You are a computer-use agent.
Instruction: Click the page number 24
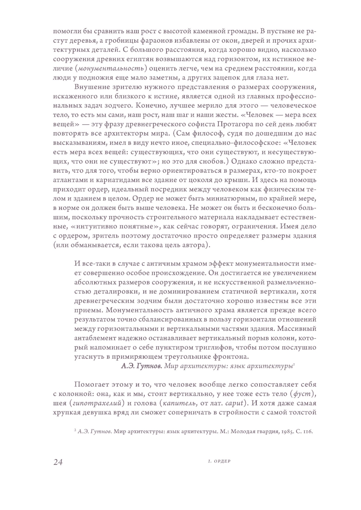(x=58, y=462)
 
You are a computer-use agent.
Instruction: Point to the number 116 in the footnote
(x=307, y=431)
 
